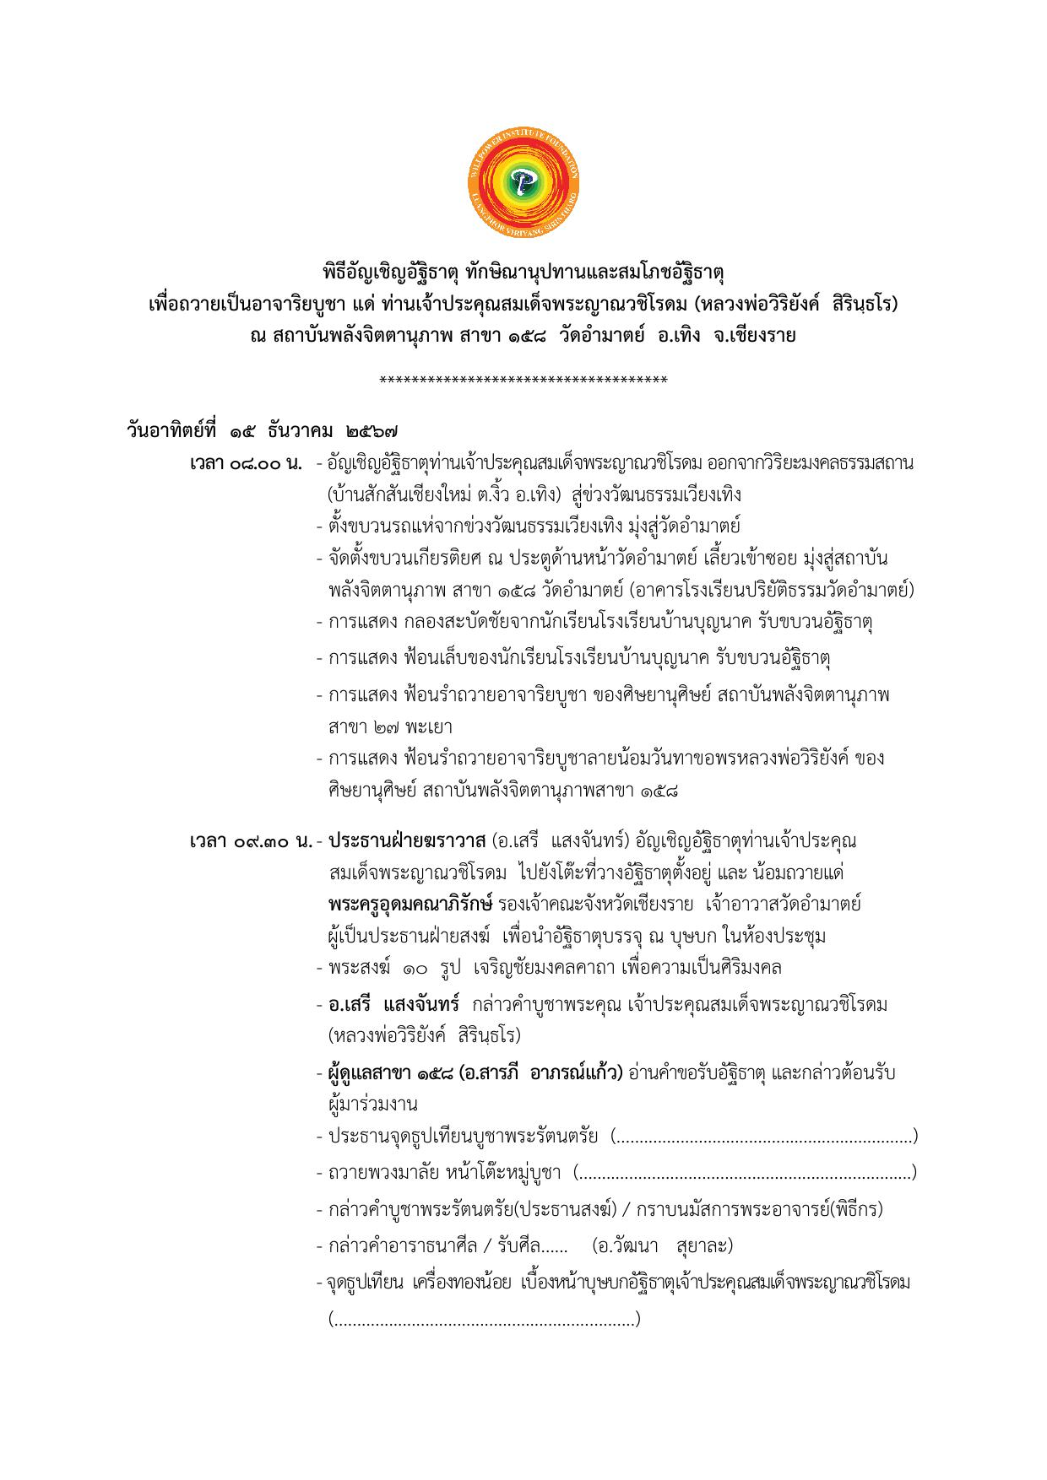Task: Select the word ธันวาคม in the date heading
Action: [301, 429]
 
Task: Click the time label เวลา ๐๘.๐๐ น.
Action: [246, 463]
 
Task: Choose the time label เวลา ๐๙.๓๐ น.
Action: [251, 842]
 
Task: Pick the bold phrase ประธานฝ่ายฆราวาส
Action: [406, 841]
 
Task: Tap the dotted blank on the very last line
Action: [484, 1319]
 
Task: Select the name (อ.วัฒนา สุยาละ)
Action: [662, 1246]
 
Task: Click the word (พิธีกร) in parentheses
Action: [856, 1209]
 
